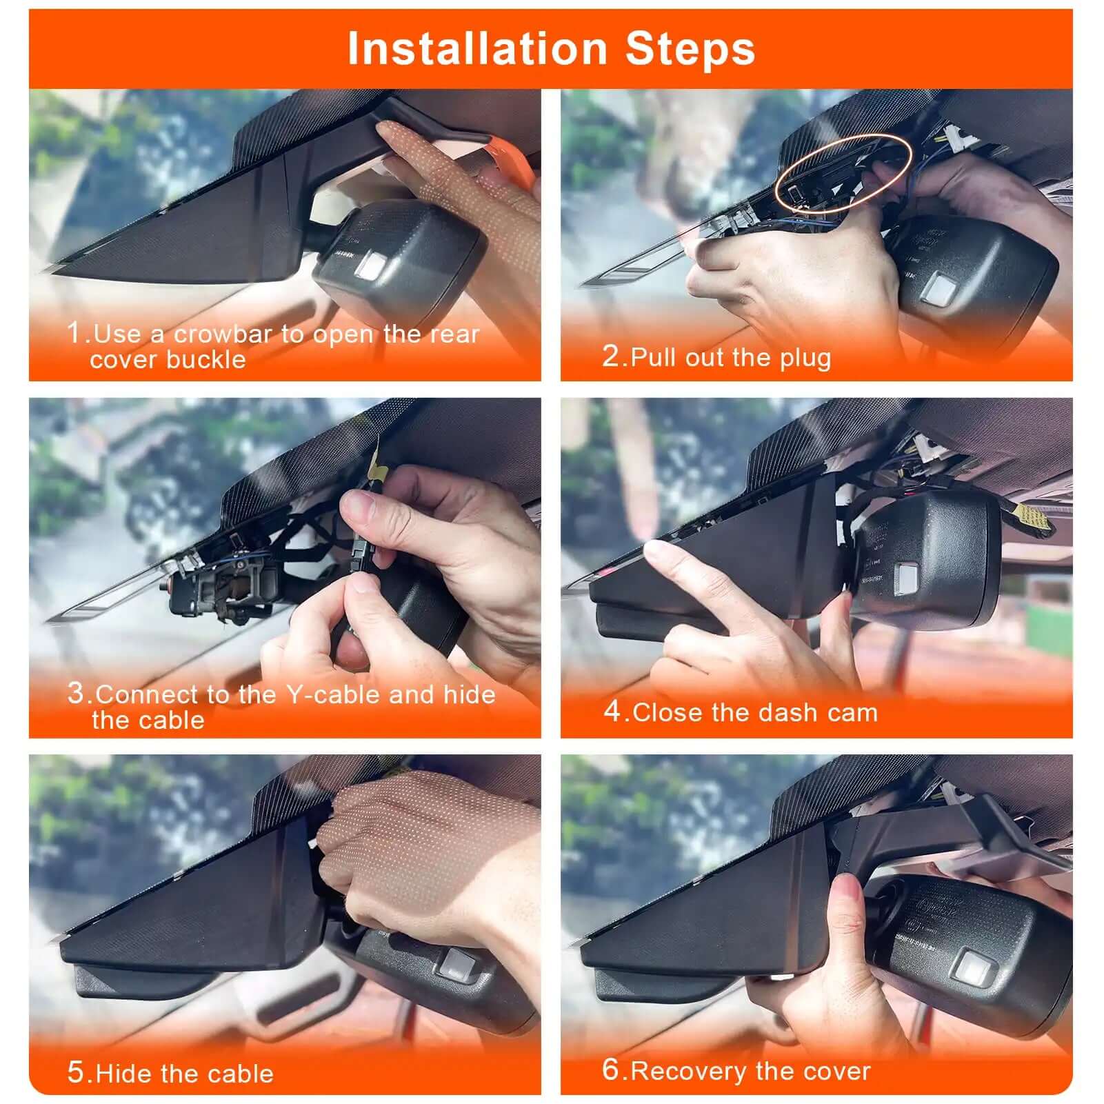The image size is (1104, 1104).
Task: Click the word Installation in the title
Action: pos(476,48)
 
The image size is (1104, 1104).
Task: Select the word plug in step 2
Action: pos(805,358)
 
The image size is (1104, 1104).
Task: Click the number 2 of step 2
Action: pos(611,356)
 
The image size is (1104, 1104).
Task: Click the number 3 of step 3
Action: pos(76,692)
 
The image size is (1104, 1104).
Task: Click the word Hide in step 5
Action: pos(118,1074)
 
